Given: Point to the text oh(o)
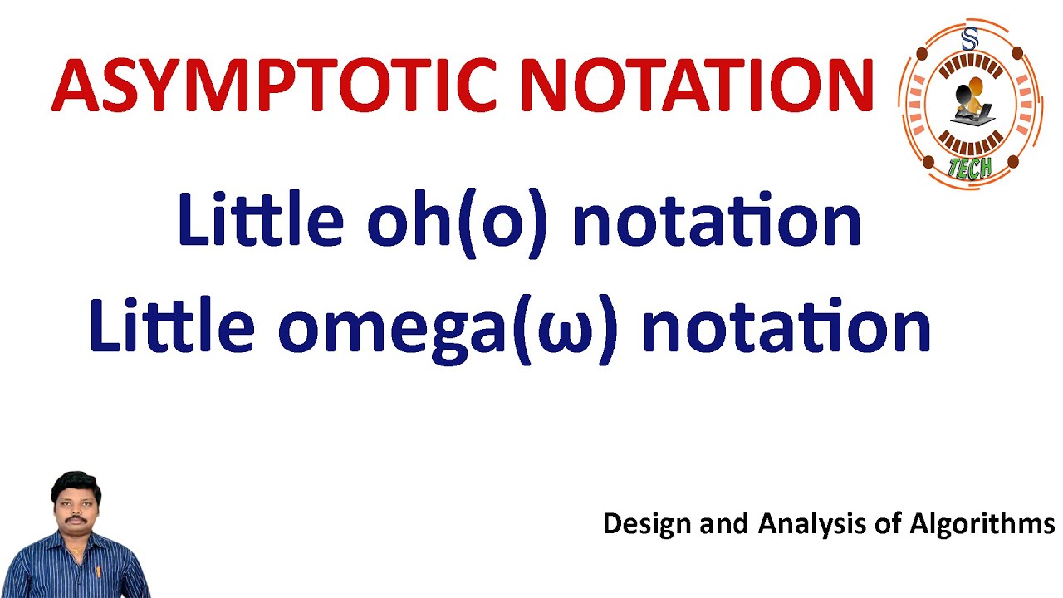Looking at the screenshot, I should coord(458,221).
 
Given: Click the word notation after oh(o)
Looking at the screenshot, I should coord(717,221).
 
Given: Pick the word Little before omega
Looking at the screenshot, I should coord(171,326).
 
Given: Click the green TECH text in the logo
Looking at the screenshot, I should coord(969,168).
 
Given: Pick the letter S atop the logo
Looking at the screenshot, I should coord(969,38).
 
